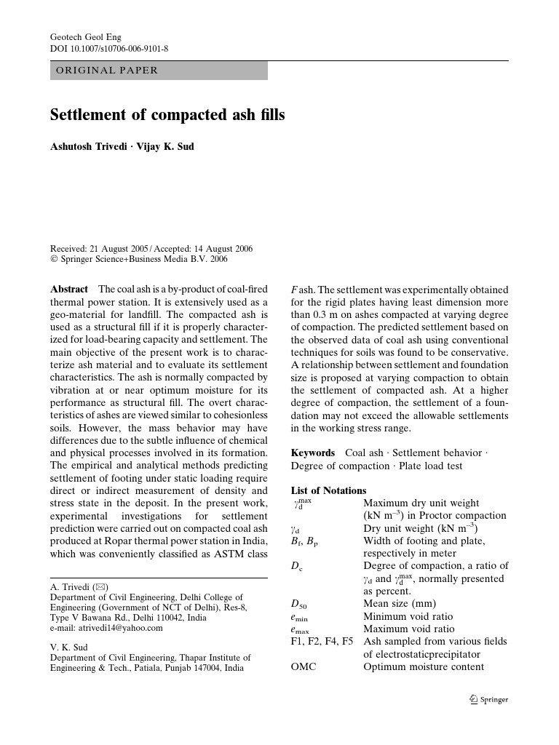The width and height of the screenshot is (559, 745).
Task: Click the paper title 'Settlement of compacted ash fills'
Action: click(x=167, y=116)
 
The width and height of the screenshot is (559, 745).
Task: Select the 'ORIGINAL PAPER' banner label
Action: click(x=106, y=71)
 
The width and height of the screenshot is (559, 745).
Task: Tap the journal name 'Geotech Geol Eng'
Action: click(x=84, y=36)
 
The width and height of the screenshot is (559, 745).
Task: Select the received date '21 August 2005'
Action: click(x=120, y=249)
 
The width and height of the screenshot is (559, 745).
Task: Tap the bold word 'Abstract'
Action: click(x=69, y=290)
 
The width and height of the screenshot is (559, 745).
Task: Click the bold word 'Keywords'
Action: click(x=313, y=453)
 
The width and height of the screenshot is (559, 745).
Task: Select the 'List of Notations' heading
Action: click(x=328, y=490)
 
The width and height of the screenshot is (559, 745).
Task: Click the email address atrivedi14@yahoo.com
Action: click(x=106, y=628)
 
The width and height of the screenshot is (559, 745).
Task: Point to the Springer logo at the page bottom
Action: click(x=488, y=700)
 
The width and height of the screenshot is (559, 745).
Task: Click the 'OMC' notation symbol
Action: click(x=304, y=666)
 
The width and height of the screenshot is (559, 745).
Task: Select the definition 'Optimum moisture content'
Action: click(x=424, y=666)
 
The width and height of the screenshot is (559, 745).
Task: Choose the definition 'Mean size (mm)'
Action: click(x=400, y=603)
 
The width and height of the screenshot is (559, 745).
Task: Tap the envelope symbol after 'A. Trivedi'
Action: click(x=100, y=586)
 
